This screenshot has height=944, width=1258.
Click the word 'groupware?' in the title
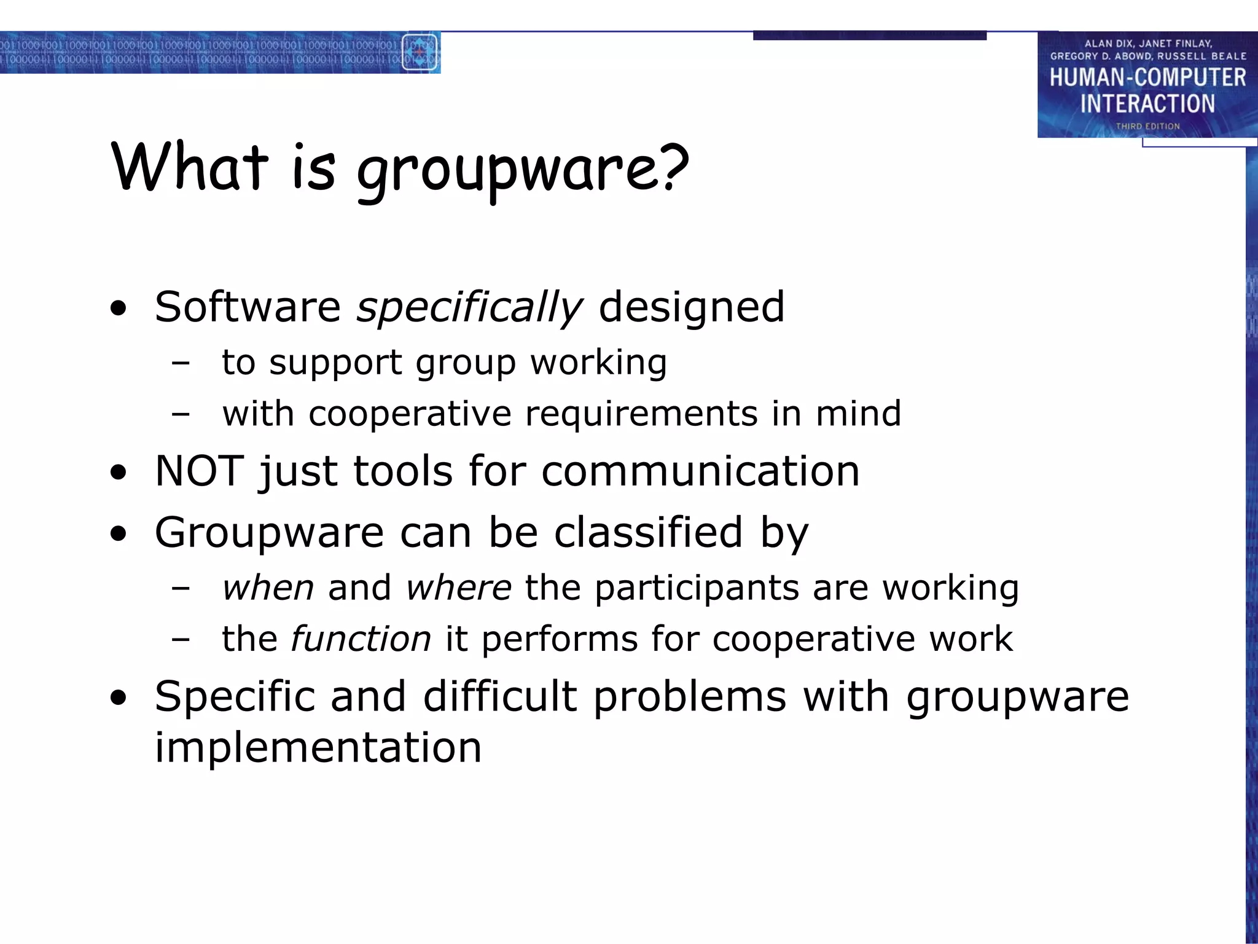coord(523,169)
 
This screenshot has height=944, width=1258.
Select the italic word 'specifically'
coord(469,307)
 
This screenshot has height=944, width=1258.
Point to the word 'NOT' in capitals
coord(199,471)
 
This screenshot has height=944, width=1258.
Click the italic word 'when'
coord(268,588)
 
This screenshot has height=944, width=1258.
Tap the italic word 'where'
coord(458,588)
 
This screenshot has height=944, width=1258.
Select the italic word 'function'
coord(361,639)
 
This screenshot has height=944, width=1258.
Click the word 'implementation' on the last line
coord(318,747)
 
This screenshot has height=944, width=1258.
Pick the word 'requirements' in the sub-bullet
coord(641,413)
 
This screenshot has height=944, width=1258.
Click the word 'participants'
coord(697,588)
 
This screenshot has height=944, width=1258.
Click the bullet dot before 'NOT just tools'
coord(119,473)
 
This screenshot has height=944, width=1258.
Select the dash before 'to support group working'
coord(181,363)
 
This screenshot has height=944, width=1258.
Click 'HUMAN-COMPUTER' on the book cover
coord(1147,77)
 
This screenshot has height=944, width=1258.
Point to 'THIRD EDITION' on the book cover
coord(1147,126)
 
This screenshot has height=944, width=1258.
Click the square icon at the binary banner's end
coord(419,52)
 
